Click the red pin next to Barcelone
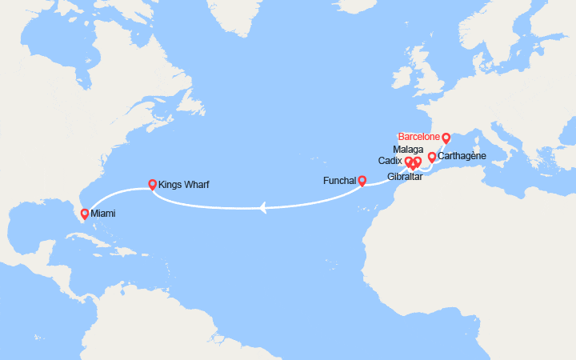click(x=446, y=138)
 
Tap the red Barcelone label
click(x=418, y=137)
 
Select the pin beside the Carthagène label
click(x=432, y=157)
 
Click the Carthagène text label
click(x=462, y=157)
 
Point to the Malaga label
click(x=408, y=150)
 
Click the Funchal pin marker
click(x=362, y=180)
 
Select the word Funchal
click(x=340, y=181)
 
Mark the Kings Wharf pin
click(x=152, y=184)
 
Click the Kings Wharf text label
click(x=185, y=185)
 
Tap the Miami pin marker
click(x=85, y=214)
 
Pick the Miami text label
click(x=102, y=214)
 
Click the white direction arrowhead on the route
click(x=262, y=208)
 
